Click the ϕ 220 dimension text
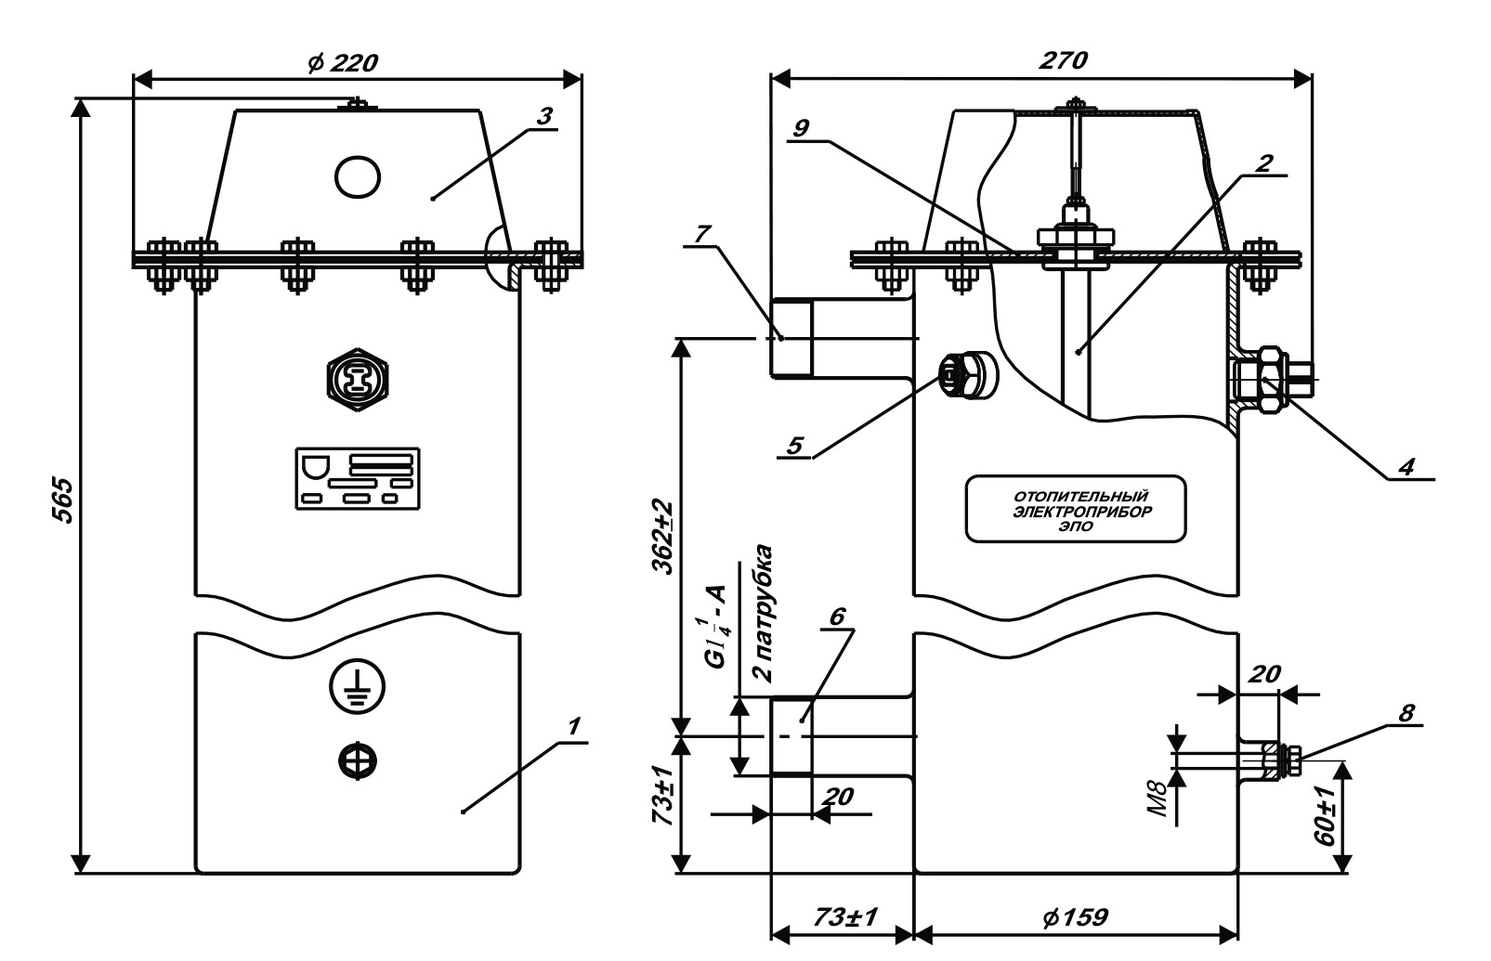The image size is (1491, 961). [342, 63]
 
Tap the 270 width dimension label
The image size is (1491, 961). [1063, 60]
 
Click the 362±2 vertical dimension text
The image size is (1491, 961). [663, 537]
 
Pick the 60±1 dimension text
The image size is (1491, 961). [1325, 816]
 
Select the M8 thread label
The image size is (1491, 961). [1158, 799]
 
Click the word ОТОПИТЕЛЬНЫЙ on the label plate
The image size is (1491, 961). [1081, 497]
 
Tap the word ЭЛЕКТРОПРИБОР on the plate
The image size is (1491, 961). [1082, 512]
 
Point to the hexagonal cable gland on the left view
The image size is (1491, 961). [358, 380]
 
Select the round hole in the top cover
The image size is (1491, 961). [358, 176]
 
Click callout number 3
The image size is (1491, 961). [544, 116]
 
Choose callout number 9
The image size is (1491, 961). [802, 127]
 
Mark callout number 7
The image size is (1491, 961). [703, 234]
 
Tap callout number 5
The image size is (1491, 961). [794, 446]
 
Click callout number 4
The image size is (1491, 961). [1406, 466]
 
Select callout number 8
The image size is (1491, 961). [1406, 713]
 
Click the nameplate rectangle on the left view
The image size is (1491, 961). [358, 478]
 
